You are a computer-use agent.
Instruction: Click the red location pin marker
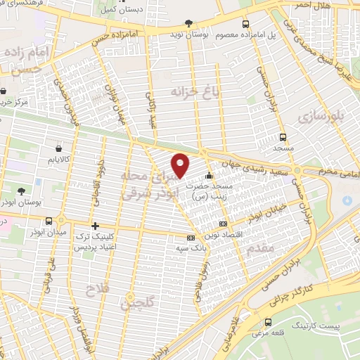[x=181, y=165]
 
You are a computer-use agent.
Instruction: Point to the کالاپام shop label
[x=58, y=160]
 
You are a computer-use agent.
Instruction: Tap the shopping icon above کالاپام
[x=58, y=149]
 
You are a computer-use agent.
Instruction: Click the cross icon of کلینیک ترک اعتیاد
[x=95, y=226]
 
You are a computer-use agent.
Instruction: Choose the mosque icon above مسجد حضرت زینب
[x=208, y=176]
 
